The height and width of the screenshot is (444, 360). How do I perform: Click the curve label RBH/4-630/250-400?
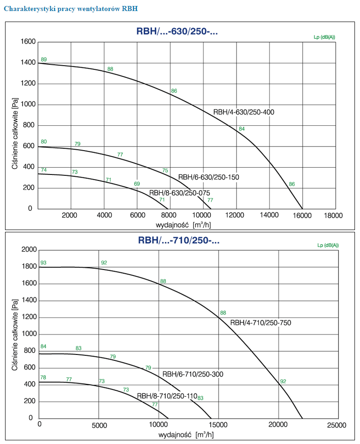click(244, 112)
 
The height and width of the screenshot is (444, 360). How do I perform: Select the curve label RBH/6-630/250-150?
click(208, 177)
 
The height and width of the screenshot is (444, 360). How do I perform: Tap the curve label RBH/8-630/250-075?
click(180, 193)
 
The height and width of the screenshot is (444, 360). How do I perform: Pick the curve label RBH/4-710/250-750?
click(260, 323)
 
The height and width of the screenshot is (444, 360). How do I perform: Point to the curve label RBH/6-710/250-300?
click(193, 374)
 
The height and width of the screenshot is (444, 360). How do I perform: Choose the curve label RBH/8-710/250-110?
click(167, 396)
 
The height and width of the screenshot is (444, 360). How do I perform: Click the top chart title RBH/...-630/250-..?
click(177, 32)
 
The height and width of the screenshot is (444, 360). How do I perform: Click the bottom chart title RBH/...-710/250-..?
click(179, 240)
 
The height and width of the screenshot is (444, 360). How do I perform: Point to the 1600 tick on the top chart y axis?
click(28, 42)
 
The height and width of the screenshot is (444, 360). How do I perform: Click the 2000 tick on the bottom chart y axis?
click(28, 250)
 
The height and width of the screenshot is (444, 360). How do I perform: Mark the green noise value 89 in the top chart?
click(44, 60)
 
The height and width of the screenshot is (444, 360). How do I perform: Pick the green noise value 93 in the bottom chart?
click(44, 263)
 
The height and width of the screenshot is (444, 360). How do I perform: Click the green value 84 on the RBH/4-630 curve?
click(242, 129)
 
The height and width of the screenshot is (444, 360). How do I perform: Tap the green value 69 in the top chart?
click(137, 184)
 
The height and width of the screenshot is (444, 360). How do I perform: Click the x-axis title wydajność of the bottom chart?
click(176, 434)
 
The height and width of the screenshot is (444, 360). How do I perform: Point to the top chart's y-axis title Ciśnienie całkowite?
click(15, 136)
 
